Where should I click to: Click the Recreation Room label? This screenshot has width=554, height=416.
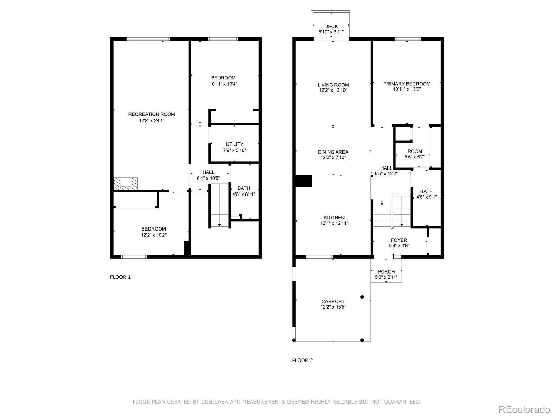151,114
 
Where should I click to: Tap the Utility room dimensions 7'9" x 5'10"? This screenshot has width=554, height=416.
234,150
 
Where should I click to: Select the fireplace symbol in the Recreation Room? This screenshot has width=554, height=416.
125,184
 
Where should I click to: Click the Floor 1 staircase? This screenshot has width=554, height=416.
219,206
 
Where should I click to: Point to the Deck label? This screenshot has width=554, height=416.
331,27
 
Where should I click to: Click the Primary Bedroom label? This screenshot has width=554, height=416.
406,84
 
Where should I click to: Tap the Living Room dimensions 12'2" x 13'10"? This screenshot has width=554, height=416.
333,90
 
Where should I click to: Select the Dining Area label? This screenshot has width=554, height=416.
333,152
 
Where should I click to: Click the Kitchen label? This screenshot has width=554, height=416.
334,218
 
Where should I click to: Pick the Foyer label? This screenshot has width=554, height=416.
399,240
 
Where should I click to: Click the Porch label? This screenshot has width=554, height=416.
386,272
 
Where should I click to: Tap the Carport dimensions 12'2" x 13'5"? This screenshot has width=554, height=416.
333,307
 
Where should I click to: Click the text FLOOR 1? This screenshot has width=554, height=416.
120,277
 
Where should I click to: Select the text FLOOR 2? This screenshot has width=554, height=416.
302,361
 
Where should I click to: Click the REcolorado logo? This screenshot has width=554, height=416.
525,409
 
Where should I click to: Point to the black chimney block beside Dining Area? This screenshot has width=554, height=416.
304,181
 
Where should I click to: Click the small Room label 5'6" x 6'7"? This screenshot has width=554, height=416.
415,154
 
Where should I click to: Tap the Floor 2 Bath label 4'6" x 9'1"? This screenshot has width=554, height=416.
426,194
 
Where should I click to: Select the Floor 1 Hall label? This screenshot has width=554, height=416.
208,172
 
